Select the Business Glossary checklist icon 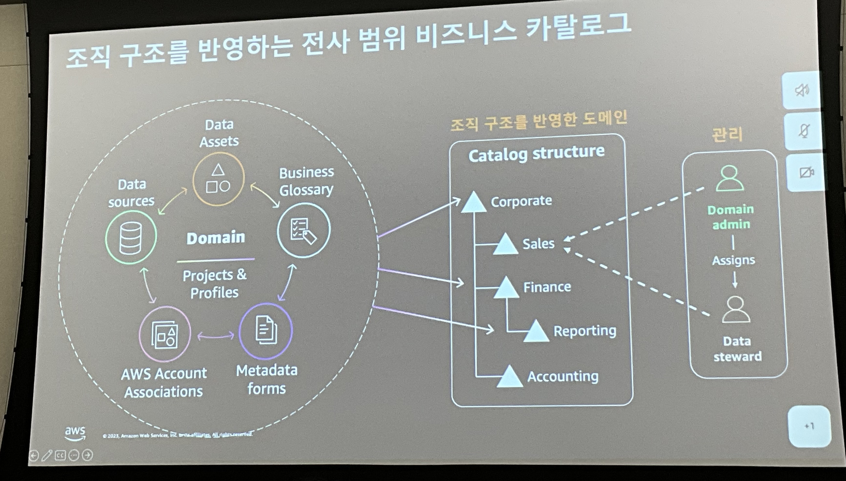click(x=303, y=230)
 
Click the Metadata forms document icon click(x=266, y=330)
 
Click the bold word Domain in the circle click(x=216, y=238)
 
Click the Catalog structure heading click(x=536, y=154)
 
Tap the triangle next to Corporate click(x=473, y=202)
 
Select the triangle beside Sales click(x=505, y=244)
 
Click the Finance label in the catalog click(x=547, y=287)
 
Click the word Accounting click(x=563, y=376)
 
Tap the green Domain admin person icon click(x=730, y=179)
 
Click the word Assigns click(x=733, y=260)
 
